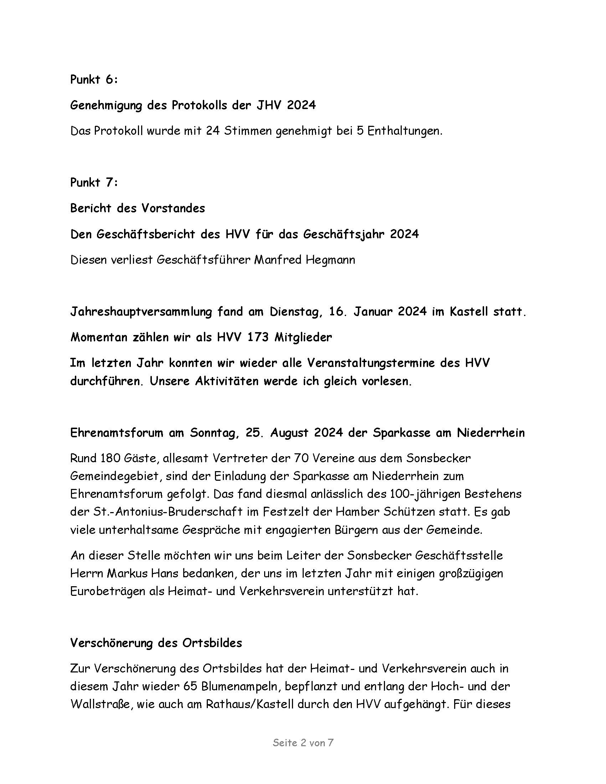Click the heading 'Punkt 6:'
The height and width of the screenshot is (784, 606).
click(x=94, y=80)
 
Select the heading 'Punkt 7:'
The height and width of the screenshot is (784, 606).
click(x=94, y=182)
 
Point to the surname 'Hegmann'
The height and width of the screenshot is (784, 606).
click(x=330, y=259)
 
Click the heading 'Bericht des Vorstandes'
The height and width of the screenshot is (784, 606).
click(x=138, y=208)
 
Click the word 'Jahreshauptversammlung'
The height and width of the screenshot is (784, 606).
click(x=142, y=311)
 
